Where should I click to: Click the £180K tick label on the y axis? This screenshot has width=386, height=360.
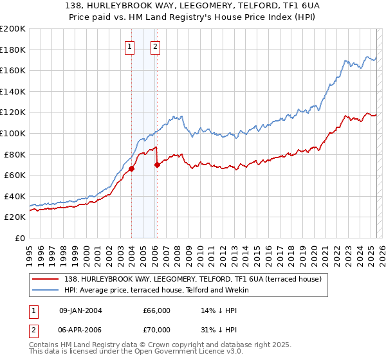tap(13, 50)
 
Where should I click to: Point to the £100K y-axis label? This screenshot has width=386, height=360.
tap(13, 133)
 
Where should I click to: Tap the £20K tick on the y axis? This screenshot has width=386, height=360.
tap(15, 217)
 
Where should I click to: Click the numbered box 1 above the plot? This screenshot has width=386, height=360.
tap(131, 46)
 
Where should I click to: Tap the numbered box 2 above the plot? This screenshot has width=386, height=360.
tap(156, 46)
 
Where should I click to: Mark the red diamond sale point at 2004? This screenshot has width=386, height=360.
tap(131, 169)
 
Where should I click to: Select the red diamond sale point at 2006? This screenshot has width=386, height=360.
tap(157, 165)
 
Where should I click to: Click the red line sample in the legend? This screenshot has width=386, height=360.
tap(46, 278)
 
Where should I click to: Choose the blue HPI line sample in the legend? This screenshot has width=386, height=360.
tap(46, 290)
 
